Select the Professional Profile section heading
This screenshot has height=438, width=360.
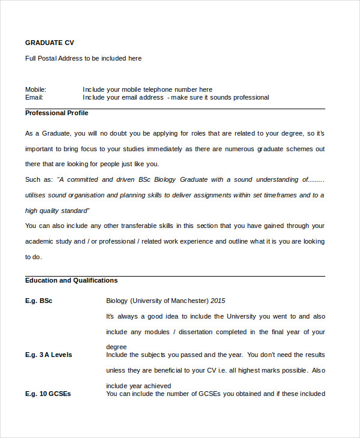(x=56, y=113)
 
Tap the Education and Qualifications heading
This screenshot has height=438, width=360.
(x=71, y=280)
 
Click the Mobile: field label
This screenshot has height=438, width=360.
(x=35, y=89)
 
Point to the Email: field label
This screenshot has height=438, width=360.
(x=34, y=97)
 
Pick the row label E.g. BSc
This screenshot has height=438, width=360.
(x=38, y=301)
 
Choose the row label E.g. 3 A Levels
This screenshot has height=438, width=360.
(x=49, y=355)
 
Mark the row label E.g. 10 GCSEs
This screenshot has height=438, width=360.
(x=48, y=394)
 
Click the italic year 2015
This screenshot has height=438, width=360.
(x=218, y=301)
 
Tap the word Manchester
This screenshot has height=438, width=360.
(x=187, y=301)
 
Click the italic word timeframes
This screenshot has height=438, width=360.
(x=277, y=195)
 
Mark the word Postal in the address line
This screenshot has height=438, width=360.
(x=51, y=58)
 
